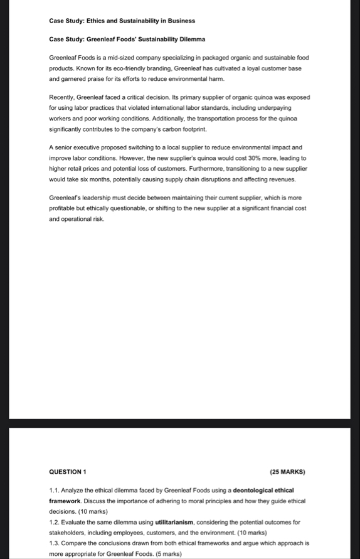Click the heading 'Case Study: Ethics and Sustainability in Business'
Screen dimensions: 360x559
[x=122, y=21]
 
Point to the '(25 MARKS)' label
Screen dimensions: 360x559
[x=287, y=472]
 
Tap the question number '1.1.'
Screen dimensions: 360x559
[x=55, y=490]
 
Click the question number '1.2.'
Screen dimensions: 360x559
[x=55, y=522]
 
